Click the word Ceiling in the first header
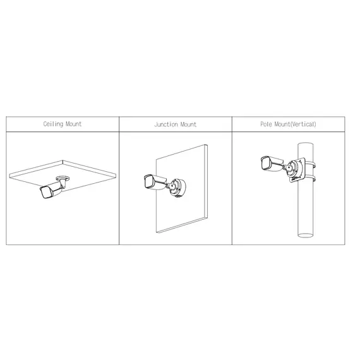(54, 124)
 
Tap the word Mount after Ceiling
(74, 124)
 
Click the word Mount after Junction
(188, 124)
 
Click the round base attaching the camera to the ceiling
(63, 179)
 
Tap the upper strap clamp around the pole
(308, 159)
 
